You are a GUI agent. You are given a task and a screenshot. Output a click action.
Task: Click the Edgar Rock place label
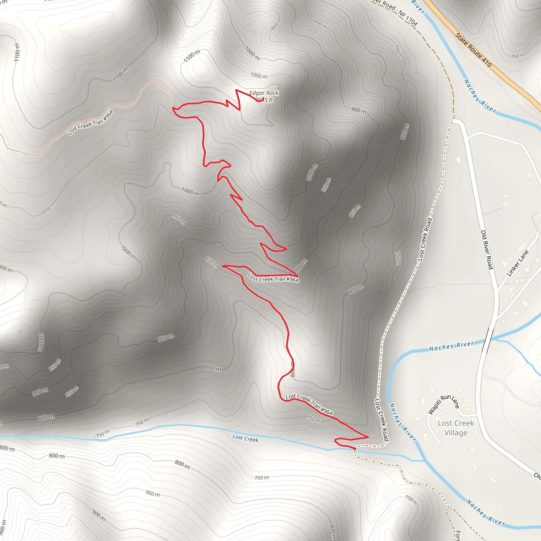pos(264,93)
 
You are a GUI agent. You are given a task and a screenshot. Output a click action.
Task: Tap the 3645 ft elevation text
pos(264,100)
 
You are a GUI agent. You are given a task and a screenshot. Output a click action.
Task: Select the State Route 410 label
pos(473,50)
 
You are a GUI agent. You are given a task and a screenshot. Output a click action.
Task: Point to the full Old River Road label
pos(487,250)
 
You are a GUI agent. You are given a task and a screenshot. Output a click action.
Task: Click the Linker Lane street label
pos(518,263)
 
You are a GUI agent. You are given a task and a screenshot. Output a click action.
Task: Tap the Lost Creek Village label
pos(456,428)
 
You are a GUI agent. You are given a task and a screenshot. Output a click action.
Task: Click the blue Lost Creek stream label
pos(245,438)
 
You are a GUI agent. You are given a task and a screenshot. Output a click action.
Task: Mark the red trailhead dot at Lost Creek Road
pos(355,449)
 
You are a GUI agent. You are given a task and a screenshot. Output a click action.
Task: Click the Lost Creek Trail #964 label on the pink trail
pos(90,123)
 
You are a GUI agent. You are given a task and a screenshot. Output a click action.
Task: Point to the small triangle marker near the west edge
pos(21,332)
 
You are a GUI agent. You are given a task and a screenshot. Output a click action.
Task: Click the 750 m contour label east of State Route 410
pos(517,56)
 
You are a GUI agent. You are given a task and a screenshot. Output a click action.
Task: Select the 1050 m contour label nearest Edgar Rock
pos(259,76)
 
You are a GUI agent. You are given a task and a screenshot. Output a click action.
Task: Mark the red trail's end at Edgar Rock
pos(263,98)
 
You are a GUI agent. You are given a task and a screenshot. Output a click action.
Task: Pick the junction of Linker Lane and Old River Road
pos(498,289)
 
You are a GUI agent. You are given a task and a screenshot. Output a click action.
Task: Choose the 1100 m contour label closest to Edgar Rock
pos(192,56)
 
